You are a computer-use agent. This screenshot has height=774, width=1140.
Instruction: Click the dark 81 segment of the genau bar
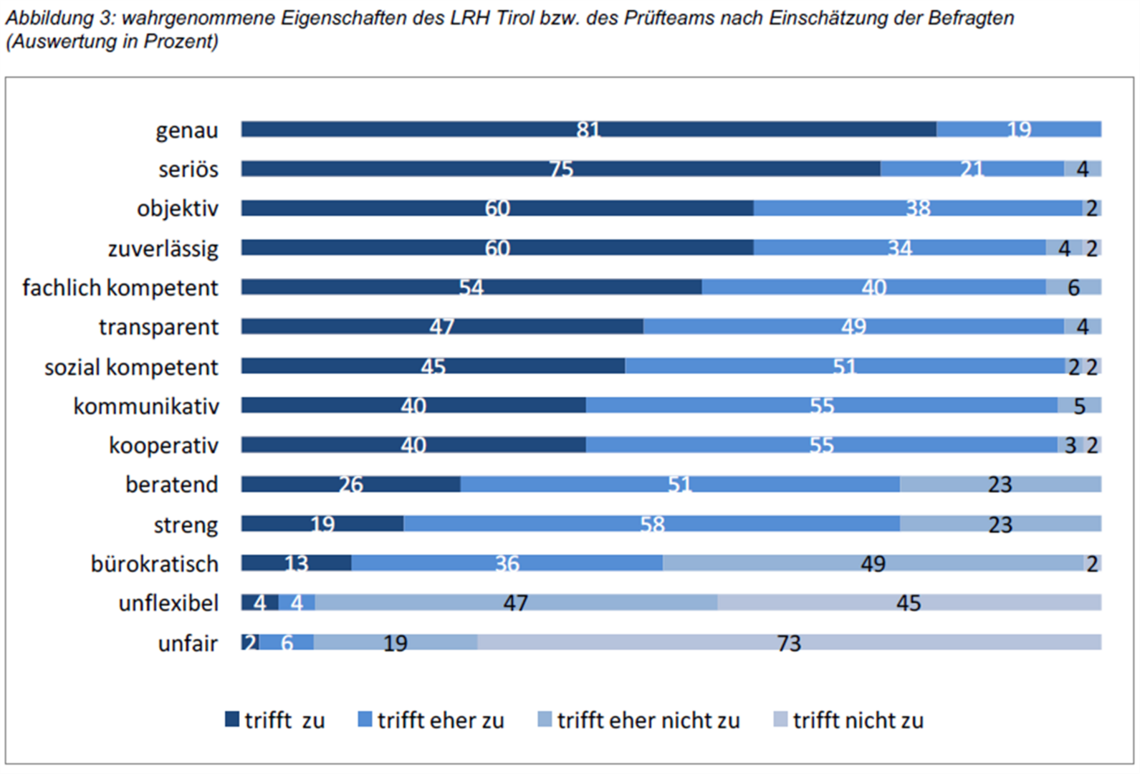point(588,130)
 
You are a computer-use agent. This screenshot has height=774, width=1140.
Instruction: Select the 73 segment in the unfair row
point(788,642)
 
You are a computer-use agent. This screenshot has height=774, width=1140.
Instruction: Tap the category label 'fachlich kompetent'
point(120,288)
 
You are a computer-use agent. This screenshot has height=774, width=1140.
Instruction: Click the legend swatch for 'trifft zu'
point(232,720)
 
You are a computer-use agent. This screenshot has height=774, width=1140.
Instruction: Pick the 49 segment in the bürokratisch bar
point(873,563)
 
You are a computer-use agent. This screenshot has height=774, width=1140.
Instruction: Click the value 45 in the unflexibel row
point(908,603)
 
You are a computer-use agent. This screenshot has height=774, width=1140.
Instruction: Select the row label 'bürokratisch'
point(154,564)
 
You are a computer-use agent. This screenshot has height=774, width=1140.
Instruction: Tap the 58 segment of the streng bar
point(651,524)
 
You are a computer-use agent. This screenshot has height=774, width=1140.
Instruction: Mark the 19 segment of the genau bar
point(1018,130)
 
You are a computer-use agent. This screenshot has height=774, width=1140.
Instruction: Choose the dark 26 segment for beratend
point(350,484)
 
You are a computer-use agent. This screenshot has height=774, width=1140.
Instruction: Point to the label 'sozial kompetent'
point(131,367)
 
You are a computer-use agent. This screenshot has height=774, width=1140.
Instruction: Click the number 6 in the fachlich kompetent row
point(1073,287)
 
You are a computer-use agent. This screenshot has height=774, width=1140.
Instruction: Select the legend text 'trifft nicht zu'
point(858,720)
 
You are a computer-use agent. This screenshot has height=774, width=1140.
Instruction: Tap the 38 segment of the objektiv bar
point(917,209)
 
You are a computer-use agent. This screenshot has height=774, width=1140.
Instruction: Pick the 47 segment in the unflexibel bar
point(515,603)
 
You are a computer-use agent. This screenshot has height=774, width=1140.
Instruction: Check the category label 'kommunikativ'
point(146,406)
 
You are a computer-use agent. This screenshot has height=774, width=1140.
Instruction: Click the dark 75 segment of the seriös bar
point(560,169)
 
